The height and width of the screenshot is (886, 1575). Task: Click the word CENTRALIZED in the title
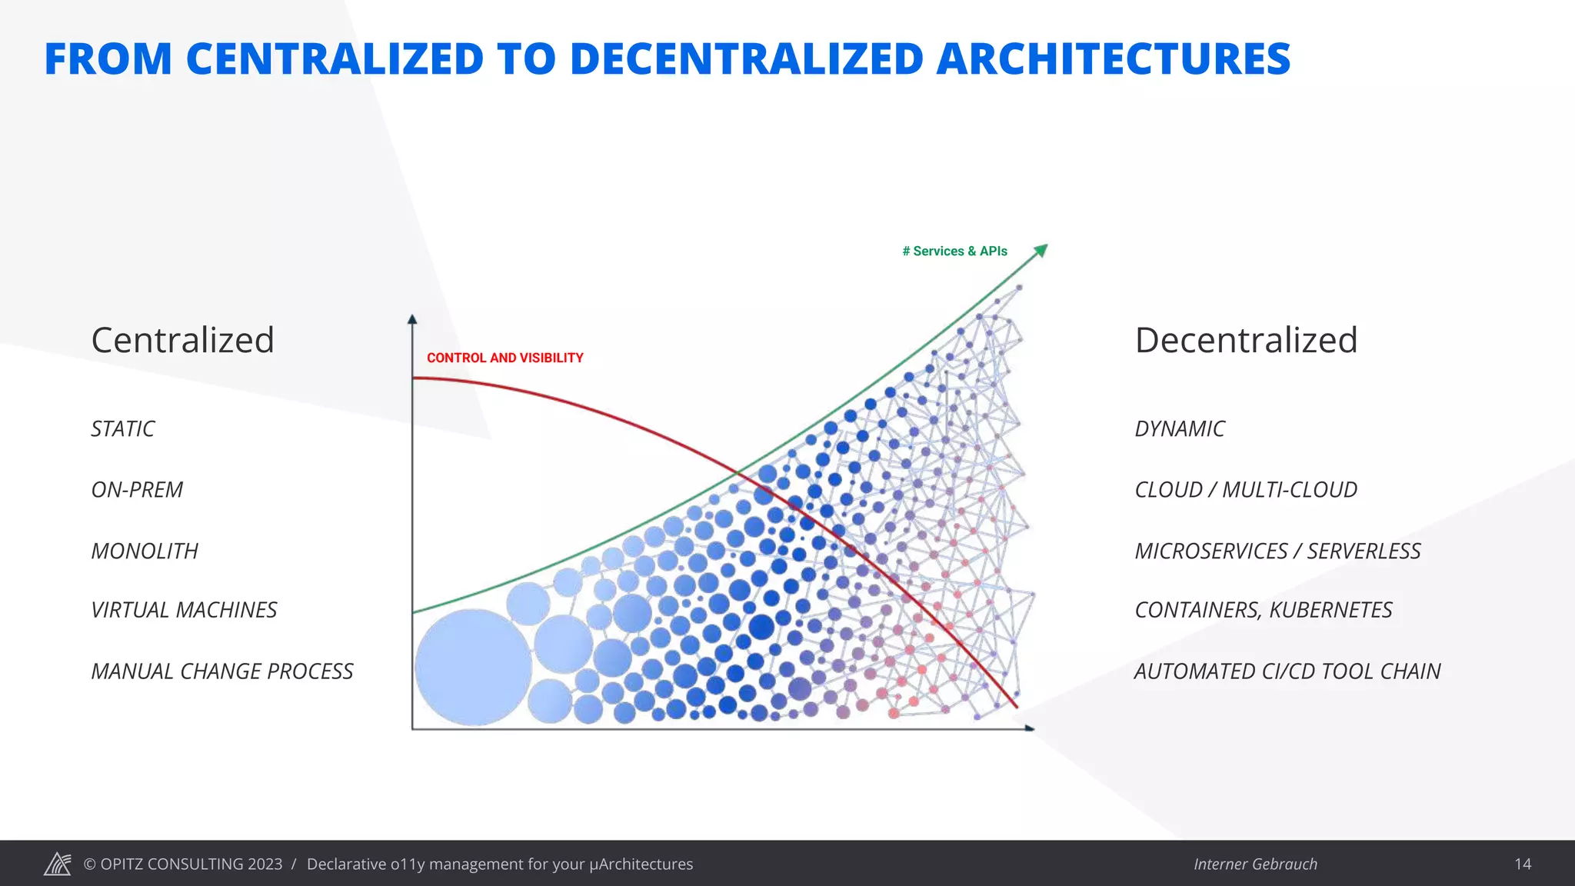tap(334, 59)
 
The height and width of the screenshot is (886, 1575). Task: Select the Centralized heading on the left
tap(182, 340)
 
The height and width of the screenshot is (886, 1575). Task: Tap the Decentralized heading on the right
tap(1246, 340)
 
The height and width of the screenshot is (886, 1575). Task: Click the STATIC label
tap(123, 428)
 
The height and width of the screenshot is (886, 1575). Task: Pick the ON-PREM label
tap(137, 490)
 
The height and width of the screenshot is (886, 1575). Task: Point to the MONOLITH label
tap(145, 551)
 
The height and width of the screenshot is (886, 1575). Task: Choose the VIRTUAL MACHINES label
tap(184, 610)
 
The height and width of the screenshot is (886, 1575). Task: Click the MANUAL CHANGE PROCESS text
tap(222, 671)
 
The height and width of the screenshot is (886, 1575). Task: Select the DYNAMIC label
tap(1180, 428)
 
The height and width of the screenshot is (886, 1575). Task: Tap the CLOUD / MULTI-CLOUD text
tap(1246, 490)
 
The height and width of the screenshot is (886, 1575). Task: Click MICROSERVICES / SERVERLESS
tap(1277, 551)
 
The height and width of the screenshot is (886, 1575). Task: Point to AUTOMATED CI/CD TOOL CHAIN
tap(1287, 671)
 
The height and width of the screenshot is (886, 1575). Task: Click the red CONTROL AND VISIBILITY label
tap(504, 358)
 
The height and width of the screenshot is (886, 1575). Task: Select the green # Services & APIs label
tap(954, 251)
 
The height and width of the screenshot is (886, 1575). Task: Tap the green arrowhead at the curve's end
tap(1041, 250)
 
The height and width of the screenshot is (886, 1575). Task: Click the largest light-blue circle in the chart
tap(473, 667)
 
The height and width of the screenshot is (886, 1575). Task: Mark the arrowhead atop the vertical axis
tap(412, 319)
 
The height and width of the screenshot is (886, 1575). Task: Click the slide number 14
tap(1523, 864)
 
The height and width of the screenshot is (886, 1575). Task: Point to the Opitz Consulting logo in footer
tap(58, 864)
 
